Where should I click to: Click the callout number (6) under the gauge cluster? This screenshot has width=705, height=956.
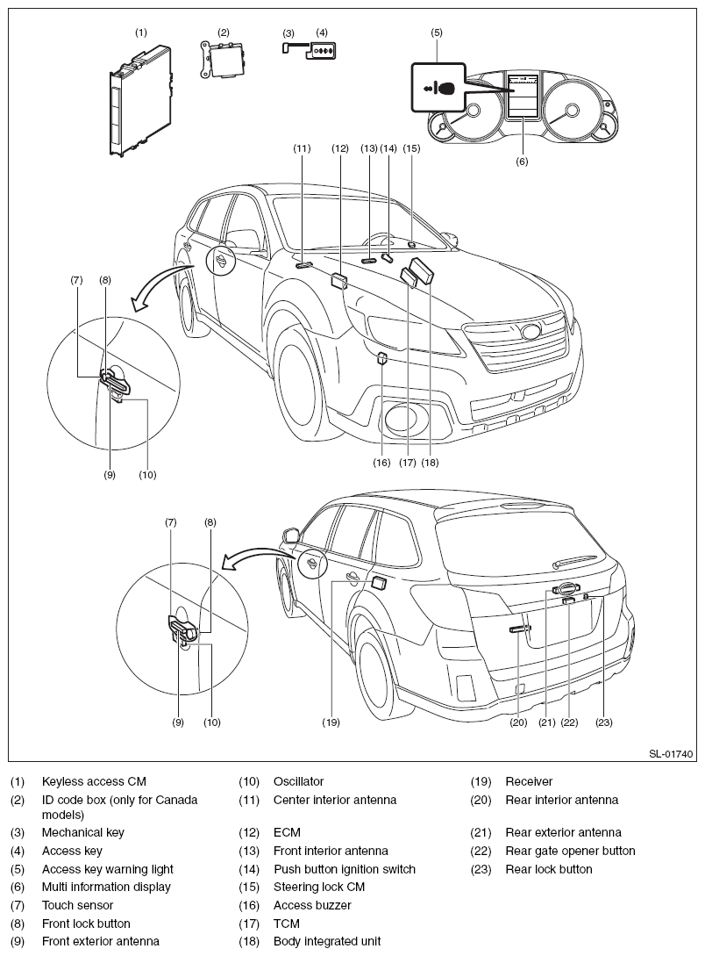tap(522, 161)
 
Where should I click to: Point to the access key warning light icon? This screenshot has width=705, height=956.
tap(439, 89)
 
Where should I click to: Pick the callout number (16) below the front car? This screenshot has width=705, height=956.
tap(381, 462)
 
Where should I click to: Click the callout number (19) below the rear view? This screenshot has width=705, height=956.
tap(331, 722)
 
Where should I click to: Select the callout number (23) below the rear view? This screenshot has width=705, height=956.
tap(603, 722)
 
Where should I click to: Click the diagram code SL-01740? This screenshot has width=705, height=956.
tap(671, 753)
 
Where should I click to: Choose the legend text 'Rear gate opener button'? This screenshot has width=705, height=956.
tap(570, 851)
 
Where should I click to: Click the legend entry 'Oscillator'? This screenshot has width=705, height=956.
tap(298, 781)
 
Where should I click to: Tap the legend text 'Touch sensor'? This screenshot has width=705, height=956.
tap(77, 905)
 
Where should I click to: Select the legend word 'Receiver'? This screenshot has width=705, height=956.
tap(529, 781)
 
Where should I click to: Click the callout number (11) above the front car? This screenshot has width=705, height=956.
tap(302, 148)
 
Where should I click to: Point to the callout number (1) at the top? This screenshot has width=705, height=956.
tap(140, 32)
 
